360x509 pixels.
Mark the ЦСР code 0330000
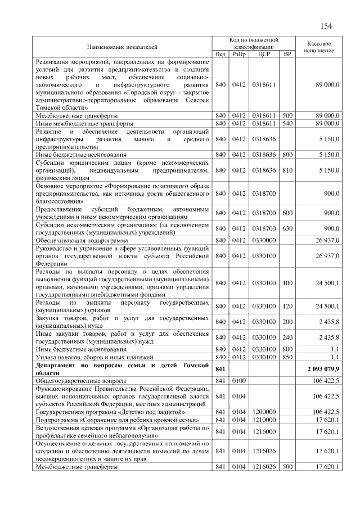click(264, 240)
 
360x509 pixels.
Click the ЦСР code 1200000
click(264, 412)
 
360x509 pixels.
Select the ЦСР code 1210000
click(264, 420)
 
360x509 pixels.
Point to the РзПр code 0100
click(240, 381)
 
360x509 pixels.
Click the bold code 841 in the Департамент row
click(220, 370)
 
